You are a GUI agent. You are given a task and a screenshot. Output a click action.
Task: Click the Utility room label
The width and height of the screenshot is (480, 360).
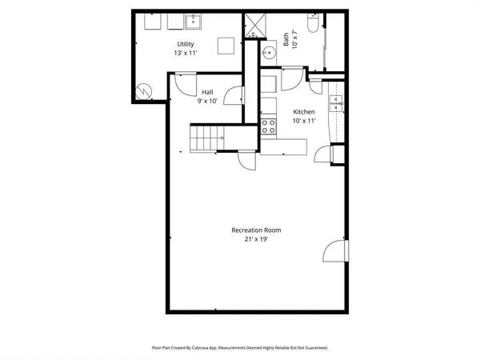pos(185,44)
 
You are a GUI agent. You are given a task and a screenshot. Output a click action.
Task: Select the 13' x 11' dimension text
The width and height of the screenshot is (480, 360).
pos(185,53)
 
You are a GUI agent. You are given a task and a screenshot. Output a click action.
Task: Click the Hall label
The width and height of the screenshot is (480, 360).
pos(207,92)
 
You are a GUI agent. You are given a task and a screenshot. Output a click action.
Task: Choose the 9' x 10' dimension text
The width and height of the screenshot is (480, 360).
pos(207,101)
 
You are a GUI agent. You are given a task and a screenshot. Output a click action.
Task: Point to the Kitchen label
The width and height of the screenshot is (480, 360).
pos(304,112)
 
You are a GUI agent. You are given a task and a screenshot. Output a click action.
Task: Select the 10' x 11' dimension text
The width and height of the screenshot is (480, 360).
pos(304,121)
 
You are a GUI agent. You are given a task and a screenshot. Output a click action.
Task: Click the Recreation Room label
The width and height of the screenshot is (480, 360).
pos(256,230)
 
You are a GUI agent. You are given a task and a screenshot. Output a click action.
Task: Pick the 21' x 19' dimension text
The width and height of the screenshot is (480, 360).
pos(256,238)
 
